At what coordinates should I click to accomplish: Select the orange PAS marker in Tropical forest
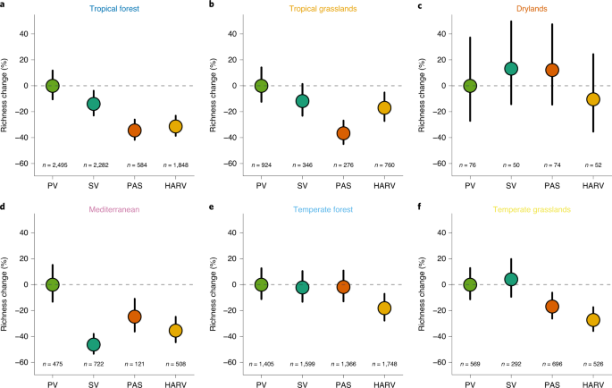[135, 130]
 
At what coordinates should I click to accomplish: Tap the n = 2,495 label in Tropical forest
[53, 165]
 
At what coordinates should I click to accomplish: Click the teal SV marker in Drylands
[511, 69]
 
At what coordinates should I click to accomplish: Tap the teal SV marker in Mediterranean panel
[93, 344]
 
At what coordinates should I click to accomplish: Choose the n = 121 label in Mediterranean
[135, 364]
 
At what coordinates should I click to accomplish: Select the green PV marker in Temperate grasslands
[470, 284]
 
